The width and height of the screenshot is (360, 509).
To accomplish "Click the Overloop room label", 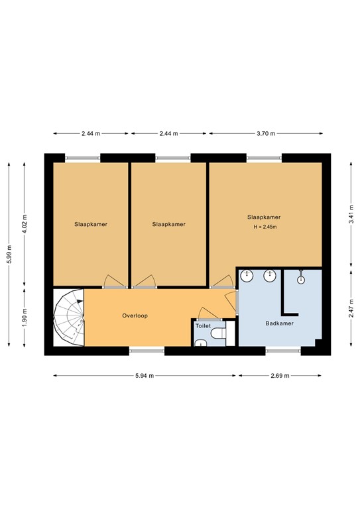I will click(135, 315).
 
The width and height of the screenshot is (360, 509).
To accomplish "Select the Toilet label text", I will click(203, 326).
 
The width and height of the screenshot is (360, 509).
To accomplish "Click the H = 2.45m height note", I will click(264, 227).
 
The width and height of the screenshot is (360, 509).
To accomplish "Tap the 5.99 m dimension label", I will click(9, 253).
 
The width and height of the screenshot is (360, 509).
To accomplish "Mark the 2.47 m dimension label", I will click(351, 308).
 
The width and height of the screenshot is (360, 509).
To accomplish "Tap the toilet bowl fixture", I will click(218, 337).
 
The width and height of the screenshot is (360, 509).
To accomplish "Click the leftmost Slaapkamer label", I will click(91, 224).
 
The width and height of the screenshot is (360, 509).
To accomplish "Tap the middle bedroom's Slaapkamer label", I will click(169, 224).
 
